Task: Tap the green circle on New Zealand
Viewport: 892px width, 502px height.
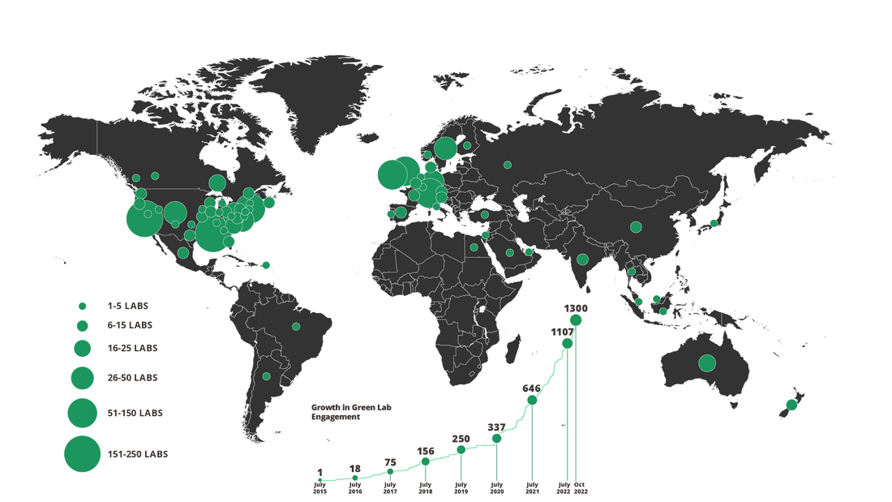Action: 791,404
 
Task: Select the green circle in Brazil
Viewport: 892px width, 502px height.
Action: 296,326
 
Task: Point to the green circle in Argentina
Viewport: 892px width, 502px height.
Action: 266,375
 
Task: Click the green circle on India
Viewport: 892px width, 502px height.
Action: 582,260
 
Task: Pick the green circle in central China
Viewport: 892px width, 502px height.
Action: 636,226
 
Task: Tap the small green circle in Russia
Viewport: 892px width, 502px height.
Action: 507,165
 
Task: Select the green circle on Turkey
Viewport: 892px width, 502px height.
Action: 485,215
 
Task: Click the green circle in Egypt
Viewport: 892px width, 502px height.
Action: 474,247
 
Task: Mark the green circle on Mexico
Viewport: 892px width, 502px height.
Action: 183,252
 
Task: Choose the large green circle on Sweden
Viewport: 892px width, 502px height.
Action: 444,148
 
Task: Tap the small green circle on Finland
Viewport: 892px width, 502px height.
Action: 466,146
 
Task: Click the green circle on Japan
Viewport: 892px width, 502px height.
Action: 714,221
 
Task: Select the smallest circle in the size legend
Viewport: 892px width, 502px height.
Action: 82,306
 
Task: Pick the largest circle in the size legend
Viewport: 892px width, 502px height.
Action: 82,453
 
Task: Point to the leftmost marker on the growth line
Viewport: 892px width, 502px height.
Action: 320,479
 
